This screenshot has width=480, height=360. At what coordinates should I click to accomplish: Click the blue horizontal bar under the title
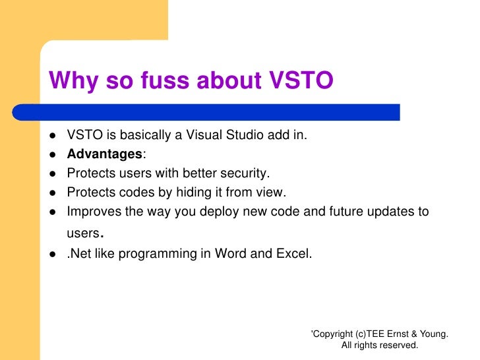pos(224,112)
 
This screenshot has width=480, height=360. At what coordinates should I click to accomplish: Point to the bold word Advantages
pos(104,154)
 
